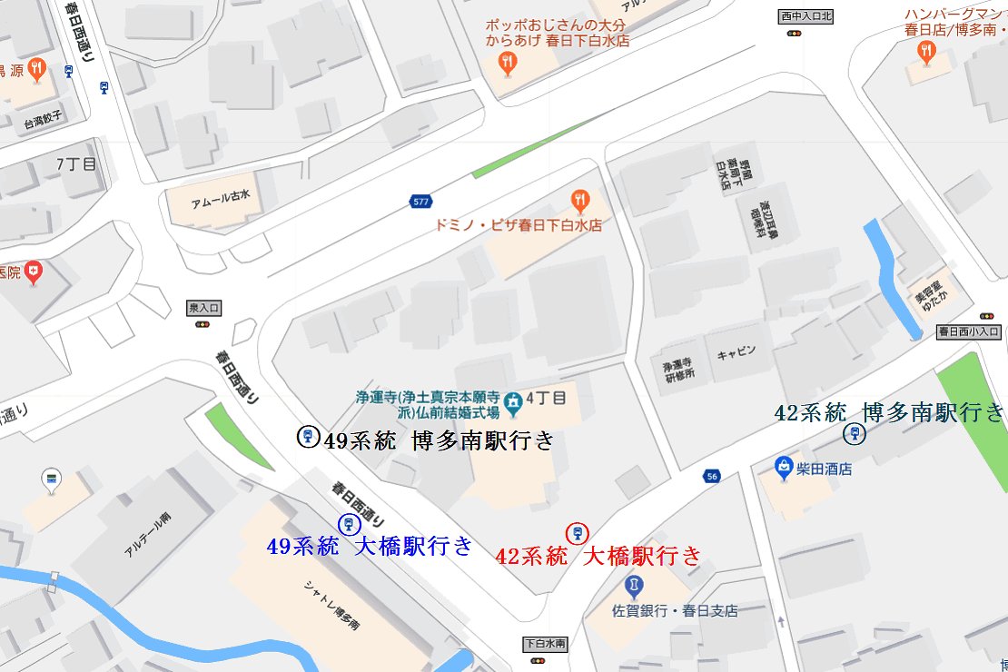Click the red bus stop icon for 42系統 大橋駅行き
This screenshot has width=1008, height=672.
[575, 533]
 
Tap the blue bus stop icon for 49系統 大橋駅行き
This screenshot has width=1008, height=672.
[347, 524]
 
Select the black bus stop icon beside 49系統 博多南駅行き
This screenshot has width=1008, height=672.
[308, 438]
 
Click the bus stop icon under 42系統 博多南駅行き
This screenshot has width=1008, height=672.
[854, 434]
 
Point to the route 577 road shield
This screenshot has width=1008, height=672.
[420, 201]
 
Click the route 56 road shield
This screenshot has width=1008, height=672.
[711, 476]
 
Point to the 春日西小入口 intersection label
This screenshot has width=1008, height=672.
[970, 331]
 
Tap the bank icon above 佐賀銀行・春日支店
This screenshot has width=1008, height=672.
[634, 583]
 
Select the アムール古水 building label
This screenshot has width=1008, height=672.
[219, 199]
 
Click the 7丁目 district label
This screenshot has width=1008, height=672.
[75, 164]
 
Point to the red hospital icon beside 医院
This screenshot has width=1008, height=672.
[35, 271]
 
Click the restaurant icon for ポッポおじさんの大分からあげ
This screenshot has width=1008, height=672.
[507, 62]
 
